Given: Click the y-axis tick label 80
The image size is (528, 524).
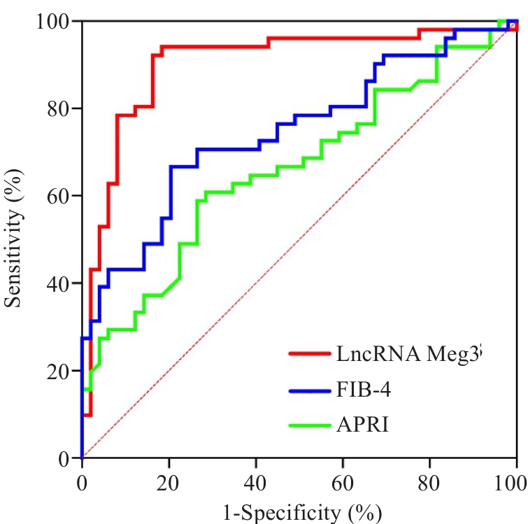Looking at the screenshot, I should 59,109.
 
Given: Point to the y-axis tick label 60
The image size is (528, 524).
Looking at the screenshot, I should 59,196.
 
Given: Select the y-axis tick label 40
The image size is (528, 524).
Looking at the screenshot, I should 59,283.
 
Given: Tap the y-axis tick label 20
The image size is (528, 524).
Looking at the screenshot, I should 59,371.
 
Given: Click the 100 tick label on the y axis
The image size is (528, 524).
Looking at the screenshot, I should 54,22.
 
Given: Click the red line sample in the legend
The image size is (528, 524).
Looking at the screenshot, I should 311,354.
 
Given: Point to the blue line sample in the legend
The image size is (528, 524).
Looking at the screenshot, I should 311,390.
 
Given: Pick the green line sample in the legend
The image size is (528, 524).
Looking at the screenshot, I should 311,424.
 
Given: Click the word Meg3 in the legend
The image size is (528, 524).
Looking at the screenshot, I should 455,355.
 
